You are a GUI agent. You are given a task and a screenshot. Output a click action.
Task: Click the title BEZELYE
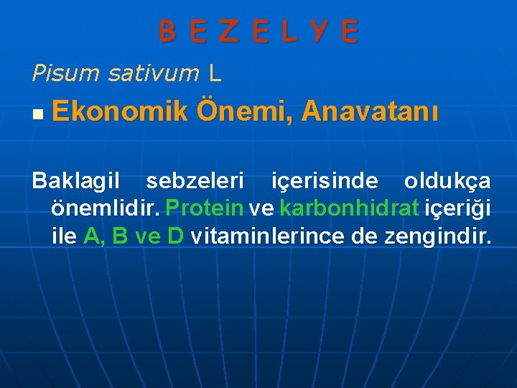point(258,32)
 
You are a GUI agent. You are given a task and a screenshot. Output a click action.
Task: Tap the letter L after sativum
point(215,72)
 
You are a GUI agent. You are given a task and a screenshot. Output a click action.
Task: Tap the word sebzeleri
point(195,182)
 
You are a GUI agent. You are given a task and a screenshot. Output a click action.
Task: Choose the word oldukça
point(447,182)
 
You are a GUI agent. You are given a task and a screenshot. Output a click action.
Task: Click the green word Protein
point(204,208)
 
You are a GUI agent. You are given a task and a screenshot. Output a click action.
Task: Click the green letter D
point(175,235)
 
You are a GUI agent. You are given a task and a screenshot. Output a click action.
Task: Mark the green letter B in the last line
point(121,235)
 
